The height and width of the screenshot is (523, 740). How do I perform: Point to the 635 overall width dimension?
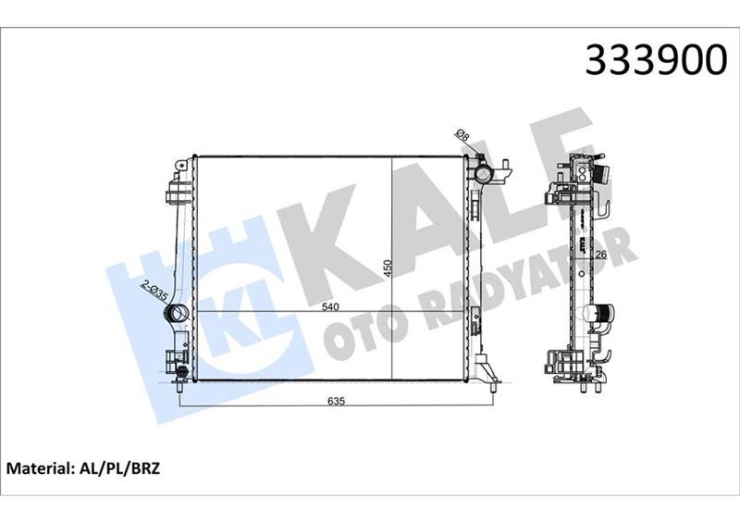(336, 401)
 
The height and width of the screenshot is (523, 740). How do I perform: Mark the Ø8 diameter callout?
(463, 138)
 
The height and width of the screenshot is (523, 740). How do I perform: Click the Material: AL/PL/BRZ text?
(84, 469)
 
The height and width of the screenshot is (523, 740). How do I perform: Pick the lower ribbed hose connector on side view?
(601, 318)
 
